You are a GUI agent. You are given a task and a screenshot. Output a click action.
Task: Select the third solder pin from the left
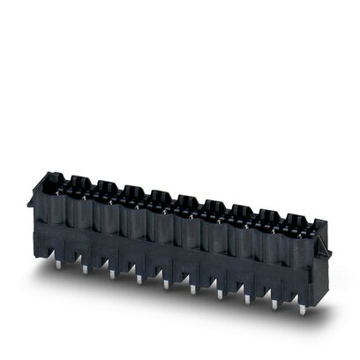pyautogui.click(x=112, y=274)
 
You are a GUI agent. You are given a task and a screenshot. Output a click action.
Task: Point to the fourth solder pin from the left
pyautogui.click(x=139, y=280)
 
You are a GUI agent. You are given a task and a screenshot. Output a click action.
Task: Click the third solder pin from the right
pyautogui.click(x=246, y=300)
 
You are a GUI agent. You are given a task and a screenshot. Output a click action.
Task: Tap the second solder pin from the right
pyautogui.click(x=274, y=305)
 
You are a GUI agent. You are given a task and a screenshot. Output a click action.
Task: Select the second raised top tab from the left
pyautogui.click(x=106, y=186)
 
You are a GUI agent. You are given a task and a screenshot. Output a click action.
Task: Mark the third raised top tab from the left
pyautogui.click(x=132, y=191)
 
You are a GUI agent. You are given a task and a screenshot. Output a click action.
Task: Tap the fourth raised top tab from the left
pyautogui.click(x=159, y=195)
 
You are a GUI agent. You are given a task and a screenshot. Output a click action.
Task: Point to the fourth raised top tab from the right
pyautogui.click(x=214, y=205)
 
